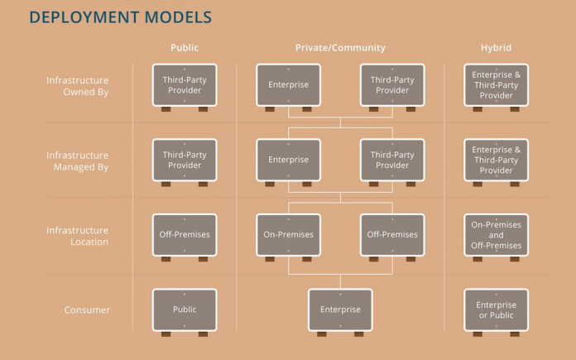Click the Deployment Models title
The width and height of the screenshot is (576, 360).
click(x=121, y=17)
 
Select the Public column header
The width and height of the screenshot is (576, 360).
click(x=185, y=48)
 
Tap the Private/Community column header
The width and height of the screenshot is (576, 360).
click(x=340, y=48)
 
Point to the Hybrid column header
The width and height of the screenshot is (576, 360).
click(x=496, y=48)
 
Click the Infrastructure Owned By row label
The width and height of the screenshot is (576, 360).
click(x=78, y=86)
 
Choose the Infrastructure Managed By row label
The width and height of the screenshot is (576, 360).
click(x=78, y=161)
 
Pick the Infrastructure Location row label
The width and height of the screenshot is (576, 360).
click(x=78, y=236)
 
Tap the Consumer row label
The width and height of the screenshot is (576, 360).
click(x=87, y=310)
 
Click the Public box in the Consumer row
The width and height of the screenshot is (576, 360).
click(x=185, y=310)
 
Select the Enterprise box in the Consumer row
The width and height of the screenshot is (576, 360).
click(x=340, y=310)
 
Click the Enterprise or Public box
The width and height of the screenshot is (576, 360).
click(x=496, y=310)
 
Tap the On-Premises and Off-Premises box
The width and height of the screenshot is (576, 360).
click(x=496, y=235)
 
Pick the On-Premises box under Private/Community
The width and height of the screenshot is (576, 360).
click(x=288, y=235)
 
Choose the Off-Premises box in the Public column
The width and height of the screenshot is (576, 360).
click(x=185, y=235)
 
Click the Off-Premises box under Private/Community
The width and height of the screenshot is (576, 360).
click(x=392, y=235)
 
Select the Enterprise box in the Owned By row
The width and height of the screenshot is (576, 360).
click(x=288, y=85)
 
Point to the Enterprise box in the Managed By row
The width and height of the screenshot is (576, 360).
click(x=288, y=161)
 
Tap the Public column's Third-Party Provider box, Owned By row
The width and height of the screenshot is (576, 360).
click(x=185, y=85)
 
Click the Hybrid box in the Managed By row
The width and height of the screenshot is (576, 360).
click(x=496, y=161)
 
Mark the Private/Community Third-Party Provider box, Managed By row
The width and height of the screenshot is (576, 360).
click(x=392, y=161)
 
